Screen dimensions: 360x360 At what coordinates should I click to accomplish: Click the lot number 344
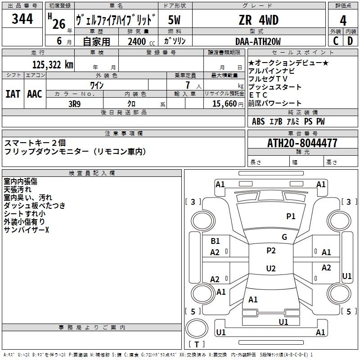[x=22, y=19]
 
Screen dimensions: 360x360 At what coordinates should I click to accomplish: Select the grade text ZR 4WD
[x=258, y=20]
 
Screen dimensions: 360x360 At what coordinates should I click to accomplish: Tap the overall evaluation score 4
[x=343, y=20]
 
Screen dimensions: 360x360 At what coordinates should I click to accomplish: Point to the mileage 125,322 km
[x=52, y=65]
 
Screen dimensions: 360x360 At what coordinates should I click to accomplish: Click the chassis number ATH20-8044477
[x=302, y=144]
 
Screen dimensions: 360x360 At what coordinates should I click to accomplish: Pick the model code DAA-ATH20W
[x=258, y=41]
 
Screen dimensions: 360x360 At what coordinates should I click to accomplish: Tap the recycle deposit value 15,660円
[x=225, y=103]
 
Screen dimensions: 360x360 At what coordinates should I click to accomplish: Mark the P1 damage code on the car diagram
[x=291, y=216]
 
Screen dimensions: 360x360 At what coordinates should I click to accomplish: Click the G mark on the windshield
[x=284, y=237]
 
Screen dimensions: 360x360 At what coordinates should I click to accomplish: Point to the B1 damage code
[x=216, y=241]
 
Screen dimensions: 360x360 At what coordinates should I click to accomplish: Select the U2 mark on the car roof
[x=270, y=269]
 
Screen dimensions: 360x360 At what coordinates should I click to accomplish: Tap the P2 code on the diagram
[x=271, y=251]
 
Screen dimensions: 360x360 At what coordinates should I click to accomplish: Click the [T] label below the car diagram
[x=197, y=344]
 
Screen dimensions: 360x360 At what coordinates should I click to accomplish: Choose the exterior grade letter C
[x=335, y=41]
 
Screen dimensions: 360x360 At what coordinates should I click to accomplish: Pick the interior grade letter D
[x=350, y=41]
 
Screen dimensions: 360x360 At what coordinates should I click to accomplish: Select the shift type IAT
[x=13, y=94]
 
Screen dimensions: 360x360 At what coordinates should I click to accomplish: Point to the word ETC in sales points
[x=258, y=95]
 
